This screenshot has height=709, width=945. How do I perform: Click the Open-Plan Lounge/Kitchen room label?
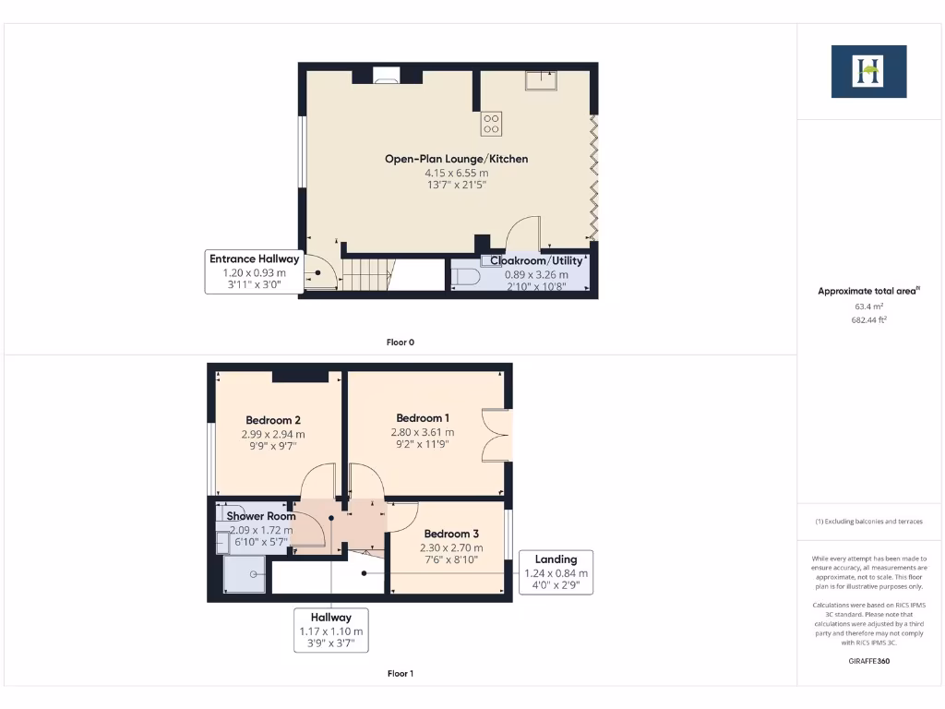456,159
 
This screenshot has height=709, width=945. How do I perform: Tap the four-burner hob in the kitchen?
491,123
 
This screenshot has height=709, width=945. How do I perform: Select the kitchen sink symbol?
538,80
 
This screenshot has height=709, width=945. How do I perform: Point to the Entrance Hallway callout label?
255,259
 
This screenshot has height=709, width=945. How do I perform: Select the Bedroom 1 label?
424,417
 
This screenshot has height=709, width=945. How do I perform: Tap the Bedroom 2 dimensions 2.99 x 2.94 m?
273,434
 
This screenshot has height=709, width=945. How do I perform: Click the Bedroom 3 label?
451,534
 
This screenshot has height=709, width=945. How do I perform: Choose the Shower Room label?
261,516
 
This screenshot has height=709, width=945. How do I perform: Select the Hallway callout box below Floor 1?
330,631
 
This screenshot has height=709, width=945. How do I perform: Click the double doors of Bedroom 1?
496,434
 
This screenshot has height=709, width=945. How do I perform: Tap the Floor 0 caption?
400,342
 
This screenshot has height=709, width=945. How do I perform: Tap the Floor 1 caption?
400,674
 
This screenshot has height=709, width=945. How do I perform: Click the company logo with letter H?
868,71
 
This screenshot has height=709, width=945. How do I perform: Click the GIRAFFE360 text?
868,661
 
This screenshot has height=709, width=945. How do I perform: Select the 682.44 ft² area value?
868,319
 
